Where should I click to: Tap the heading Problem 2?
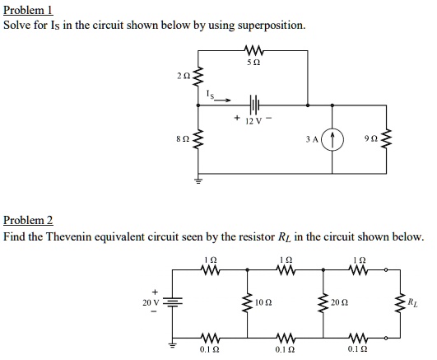click(x=28, y=221)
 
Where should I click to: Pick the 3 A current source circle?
click(x=334, y=140)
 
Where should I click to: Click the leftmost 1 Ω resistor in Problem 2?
click(x=208, y=269)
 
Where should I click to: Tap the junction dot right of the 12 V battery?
click(x=308, y=105)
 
